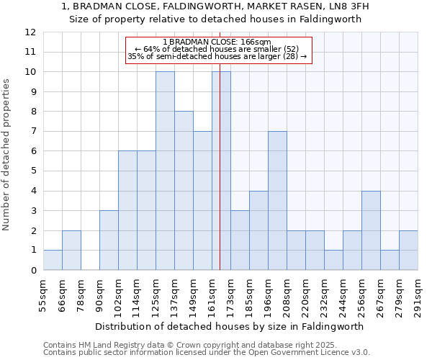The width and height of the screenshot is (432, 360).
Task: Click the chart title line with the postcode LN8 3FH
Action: point(215,6)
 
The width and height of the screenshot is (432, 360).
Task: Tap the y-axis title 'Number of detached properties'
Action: point(6,156)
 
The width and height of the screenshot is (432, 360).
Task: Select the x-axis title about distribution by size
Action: point(230,326)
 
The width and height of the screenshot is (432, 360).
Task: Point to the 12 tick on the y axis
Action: point(30,32)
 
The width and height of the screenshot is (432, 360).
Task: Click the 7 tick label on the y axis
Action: point(31,132)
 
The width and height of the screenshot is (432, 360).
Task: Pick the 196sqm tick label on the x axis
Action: point(268,294)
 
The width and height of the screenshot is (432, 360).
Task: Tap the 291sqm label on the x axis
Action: point(418,294)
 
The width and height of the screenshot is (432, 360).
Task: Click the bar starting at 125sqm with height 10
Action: point(165,171)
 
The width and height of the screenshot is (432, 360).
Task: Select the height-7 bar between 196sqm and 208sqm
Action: point(277,201)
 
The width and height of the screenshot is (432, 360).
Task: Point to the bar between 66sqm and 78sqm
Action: point(71,251)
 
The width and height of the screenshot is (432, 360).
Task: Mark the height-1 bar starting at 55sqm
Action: point(53,260)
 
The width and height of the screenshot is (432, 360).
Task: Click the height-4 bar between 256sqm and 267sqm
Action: point(371,230)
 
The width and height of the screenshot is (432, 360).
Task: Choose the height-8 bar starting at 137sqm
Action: point(184,191)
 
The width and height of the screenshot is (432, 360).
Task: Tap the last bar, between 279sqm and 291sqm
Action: point(408,251)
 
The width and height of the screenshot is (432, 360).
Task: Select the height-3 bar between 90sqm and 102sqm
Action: point(109,240)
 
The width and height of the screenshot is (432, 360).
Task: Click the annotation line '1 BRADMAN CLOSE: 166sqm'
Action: point(217,42)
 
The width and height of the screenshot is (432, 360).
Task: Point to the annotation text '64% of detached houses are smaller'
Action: point(217,49)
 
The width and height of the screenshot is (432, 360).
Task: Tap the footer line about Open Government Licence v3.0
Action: point(207,353)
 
